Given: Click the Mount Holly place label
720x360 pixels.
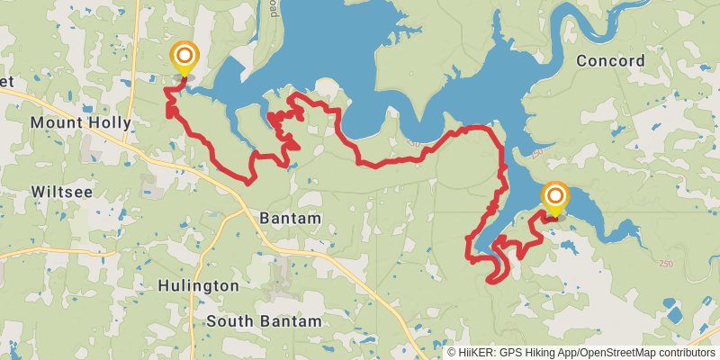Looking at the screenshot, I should pyautogui.click(x=81, y=122).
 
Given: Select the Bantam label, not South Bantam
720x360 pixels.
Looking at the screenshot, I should pyautogui.click(x=289, y=218).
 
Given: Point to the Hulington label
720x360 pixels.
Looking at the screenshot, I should pyautogui.click(x=198, y=285).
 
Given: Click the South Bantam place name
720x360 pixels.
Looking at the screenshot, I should pyautogui.click(x=263, y=321).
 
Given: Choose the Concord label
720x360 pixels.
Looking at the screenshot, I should pyautogui.click(x=610, y=61).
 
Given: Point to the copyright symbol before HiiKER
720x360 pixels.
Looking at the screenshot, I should pyautogui.click(x=453, y=353).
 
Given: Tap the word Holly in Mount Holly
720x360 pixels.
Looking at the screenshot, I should pyautogui.click(x=108, y=122).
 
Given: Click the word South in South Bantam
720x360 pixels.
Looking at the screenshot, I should pyautogui.click(x=230, y=321).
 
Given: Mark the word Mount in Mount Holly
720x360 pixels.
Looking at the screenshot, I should pyautogui.click(x=56, y=122).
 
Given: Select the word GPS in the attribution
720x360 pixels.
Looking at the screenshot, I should pyautogui.click(x=509, y=353).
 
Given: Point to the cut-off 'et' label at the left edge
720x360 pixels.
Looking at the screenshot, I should pyautogui.click(x=6, y=81).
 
